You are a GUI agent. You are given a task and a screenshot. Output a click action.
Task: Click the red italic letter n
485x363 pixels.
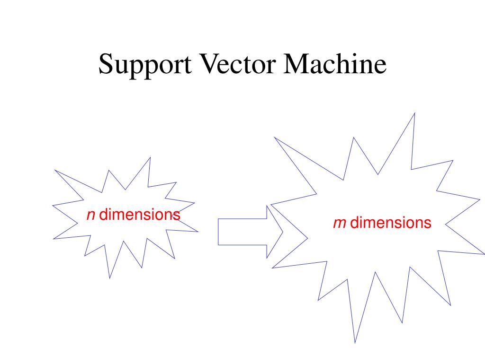[x=91, y=216]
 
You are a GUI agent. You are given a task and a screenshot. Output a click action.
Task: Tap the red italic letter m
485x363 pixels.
[x=339, y=223]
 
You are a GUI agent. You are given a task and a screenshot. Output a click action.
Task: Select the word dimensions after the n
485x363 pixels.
[x=140, y=215]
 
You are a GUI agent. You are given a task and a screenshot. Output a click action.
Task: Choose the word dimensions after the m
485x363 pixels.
[x=391, y=223]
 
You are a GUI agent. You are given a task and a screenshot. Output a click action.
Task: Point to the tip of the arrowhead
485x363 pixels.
[x=283, y=232]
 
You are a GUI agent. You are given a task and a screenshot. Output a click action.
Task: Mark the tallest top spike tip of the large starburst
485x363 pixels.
[x=414, y=113]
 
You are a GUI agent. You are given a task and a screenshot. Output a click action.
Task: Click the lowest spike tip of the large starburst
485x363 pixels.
[x=355, y=343]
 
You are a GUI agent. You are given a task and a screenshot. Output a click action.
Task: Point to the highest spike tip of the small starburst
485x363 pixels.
[x=150, y=157]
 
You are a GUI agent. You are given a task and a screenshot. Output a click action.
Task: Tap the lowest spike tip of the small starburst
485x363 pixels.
[x=110, y=278]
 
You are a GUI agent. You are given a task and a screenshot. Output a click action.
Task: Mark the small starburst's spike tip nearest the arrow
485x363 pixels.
[x=198, y=232]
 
